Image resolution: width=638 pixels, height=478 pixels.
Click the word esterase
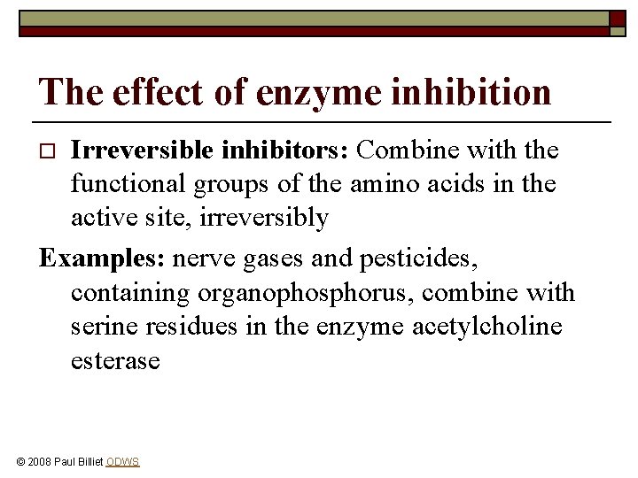115,360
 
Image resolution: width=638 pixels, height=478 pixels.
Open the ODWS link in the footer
122,462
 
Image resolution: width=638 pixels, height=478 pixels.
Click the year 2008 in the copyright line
42,462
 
